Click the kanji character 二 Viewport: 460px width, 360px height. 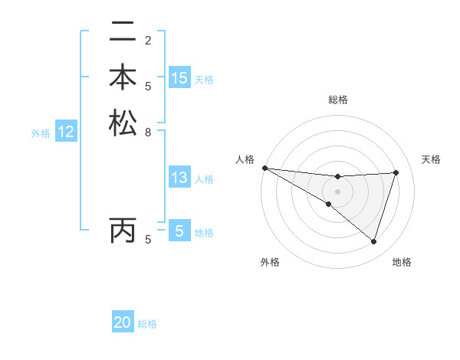click(x=123, y=32)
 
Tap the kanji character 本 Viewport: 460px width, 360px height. click(x=123, y=78)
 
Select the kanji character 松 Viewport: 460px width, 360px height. click(x=123, y=123)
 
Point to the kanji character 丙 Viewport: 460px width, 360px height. click(x=123, y=231)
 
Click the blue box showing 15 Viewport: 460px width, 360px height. click(x=179, y=78)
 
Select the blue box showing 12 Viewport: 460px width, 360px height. click(x=66, y=133)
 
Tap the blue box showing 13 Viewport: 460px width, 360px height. click(x=179, y=178)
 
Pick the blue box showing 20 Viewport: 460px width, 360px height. click(x=123, y=323)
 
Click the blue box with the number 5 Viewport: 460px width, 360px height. click(x=179, y=231)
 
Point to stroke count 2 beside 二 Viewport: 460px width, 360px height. click(x=148, y=40)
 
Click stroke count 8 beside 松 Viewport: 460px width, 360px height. click(x=148, y=132)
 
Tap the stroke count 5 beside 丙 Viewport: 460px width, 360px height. click(x=148, y=240)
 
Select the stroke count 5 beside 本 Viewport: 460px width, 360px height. click(x=148, y=86)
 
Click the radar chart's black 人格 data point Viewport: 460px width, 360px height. click(x=264, y=168)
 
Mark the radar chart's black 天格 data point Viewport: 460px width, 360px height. click(x=396, y=172)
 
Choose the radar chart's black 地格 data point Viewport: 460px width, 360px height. click(x=373, y=242)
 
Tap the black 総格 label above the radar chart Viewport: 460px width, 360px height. click(x=337, y=100)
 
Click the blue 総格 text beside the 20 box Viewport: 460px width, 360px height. click(x=147, y=324)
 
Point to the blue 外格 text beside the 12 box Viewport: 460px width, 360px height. click(x=41, y=133)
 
